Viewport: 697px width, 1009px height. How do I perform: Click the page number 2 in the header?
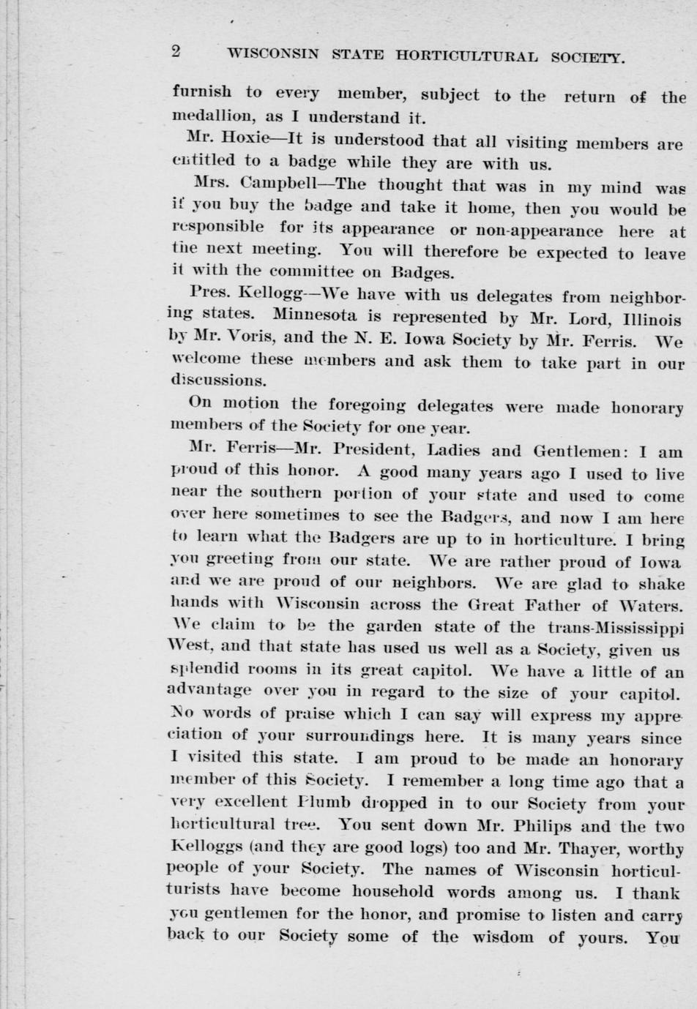point(176,51)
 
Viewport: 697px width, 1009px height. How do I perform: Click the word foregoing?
point(365,404)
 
